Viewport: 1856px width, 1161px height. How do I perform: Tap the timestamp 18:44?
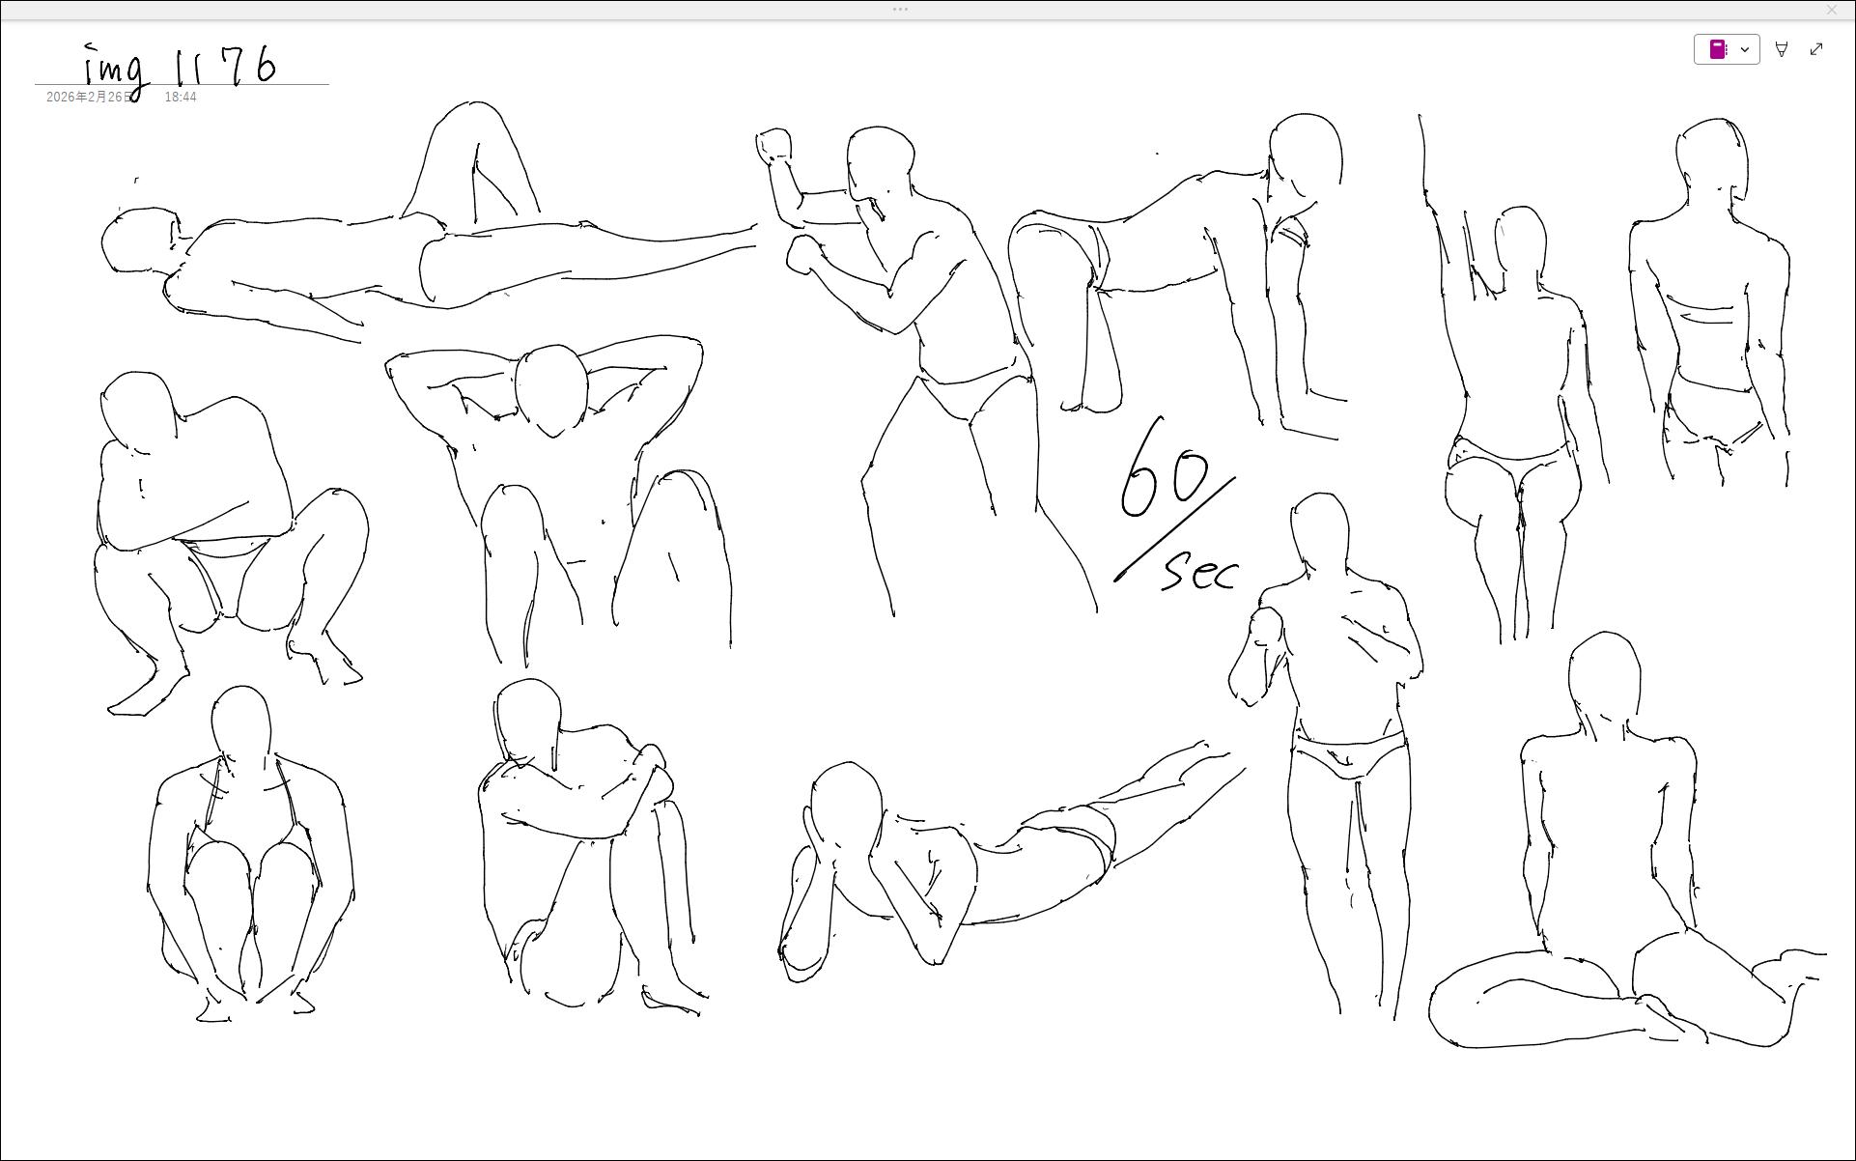(x=181, y=97)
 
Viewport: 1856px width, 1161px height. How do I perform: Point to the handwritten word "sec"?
(x=1199, y=571)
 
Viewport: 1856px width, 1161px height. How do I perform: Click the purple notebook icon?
(x=1718, y=49)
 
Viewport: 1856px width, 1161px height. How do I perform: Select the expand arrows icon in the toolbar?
(x=1816, y=49)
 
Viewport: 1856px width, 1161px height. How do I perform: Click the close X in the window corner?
(x=1832, y=10)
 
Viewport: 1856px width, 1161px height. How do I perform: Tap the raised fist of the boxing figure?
(x=773, y=146)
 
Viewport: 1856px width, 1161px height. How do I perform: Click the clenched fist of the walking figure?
(x=1266, y=627)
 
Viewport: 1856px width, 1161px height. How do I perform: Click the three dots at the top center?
(x=900, y=10)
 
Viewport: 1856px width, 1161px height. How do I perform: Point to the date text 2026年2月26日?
(x=89, y=97)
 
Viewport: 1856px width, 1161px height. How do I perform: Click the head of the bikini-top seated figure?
(x=240, y=723)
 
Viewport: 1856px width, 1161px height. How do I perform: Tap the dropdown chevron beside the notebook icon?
(x=1745, y=49)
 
